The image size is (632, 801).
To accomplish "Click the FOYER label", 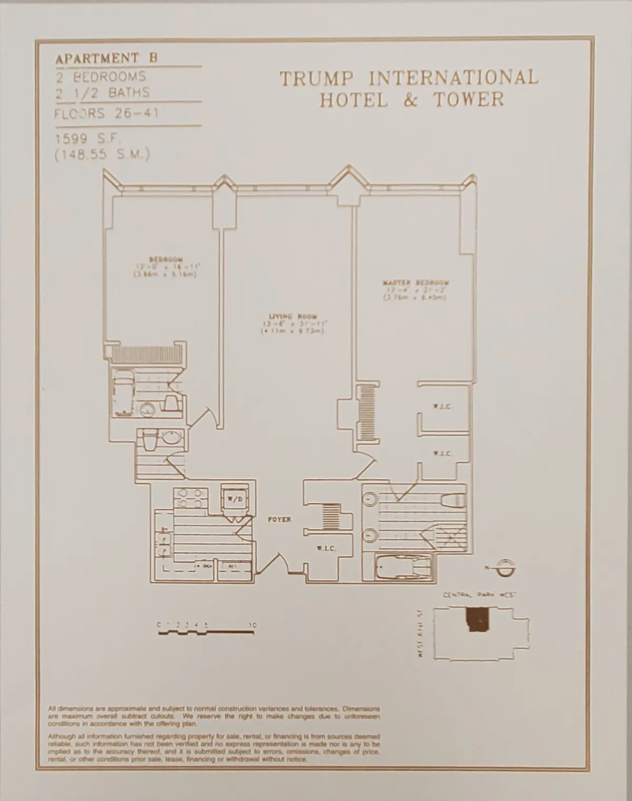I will pos(279,519).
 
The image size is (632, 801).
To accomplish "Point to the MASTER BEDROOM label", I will pos(416,283).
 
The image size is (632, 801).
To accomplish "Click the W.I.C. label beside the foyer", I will pos(326,548).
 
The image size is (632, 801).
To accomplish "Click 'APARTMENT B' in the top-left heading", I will pos(106,58).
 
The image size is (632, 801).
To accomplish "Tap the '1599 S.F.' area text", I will pos(88,140).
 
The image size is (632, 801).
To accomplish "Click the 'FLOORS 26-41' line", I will pos(106,114).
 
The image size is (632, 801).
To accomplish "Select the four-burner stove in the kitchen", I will pos(190,498).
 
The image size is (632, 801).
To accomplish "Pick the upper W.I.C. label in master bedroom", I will pos(441,407).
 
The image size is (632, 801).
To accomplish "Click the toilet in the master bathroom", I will pos(454,498).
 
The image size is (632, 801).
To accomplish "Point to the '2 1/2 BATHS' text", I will pos(102,93).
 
